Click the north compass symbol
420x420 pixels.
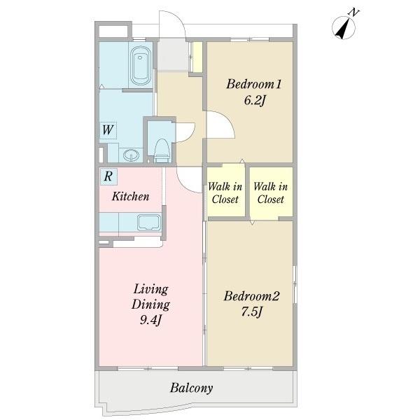[x=344, y=27]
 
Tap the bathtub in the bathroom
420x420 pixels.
[x=140, y=66]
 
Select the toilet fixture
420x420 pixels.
[x=162, y=150]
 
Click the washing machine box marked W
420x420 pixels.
[x=108, y=130]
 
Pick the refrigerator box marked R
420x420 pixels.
[x=108, y=176]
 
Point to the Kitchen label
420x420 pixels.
[x=130, y=196]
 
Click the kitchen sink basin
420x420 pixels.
[x=149, y=222]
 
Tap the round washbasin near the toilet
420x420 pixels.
[x=131, y=155]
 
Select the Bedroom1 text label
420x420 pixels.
[x=253, y=84]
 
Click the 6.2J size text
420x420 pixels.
[x=255, y=100]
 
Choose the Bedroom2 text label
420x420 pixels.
[x=251, y=296]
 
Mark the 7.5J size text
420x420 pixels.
[x=252, y=311]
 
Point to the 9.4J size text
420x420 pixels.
[x=150, y=320]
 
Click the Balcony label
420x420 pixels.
[x=192, y=388]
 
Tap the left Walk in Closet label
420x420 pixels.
[x=225, y=193]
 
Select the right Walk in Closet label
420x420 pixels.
[x=270, y=193]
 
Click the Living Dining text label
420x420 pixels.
[x=150, y=297]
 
